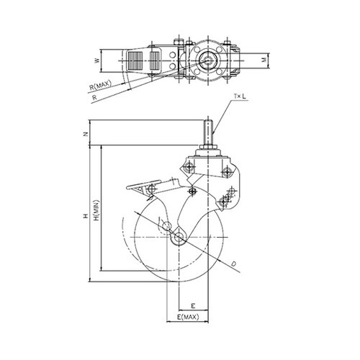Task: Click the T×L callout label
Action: (x=240, y=96)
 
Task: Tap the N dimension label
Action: (x=85, y=135)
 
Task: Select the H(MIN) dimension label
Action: (x=96, y=210)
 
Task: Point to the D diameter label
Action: (x=234, y=264)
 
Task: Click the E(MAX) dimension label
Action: (x=188, y=317)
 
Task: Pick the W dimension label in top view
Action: (x=97, y=60)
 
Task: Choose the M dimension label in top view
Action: (x=264, y=60)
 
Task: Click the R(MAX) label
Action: (x=101, y=86)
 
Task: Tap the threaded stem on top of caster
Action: (x=208, y=132)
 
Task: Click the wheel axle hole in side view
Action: (x=179, y=237)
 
